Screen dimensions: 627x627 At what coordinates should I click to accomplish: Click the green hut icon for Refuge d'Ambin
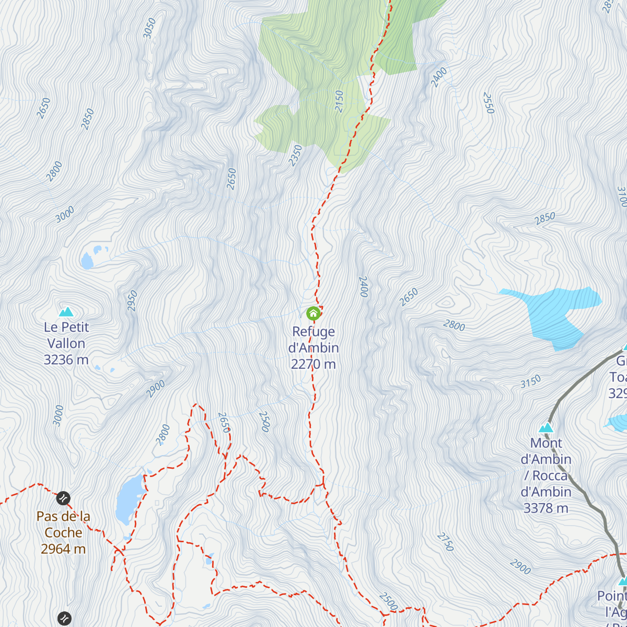point(313,313)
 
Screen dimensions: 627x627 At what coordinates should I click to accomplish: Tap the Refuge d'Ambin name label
point(313,348)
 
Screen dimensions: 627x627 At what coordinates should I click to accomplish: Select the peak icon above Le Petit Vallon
point(66,312)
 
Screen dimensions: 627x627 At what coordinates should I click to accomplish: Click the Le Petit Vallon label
point(66,335)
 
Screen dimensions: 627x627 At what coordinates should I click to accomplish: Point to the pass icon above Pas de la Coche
point(63,498)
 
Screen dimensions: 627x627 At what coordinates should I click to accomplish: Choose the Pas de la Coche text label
point(63,525)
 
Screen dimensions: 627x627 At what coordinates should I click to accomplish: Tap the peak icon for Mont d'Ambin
point(546,427)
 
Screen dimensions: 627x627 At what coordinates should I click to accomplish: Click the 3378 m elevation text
point(546,508)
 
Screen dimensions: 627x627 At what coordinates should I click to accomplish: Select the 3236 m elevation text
point(66,360)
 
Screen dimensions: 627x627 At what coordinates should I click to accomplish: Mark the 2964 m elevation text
point(63,549)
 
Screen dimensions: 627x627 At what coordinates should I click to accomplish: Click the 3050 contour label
point(149,28)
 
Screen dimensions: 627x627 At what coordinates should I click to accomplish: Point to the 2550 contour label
point(488,103)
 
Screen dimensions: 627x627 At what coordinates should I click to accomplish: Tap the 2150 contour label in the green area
point(340,101)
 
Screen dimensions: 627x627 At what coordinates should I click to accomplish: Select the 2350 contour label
point(296,156)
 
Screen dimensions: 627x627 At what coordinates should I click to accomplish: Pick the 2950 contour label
point(133,301)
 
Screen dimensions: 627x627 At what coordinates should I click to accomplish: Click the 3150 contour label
point(530,382)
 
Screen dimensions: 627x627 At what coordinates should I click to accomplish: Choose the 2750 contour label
point(445,542)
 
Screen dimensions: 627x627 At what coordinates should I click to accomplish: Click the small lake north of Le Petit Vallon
point(87,260)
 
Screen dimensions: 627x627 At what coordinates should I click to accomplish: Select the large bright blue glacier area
point(554,313)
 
